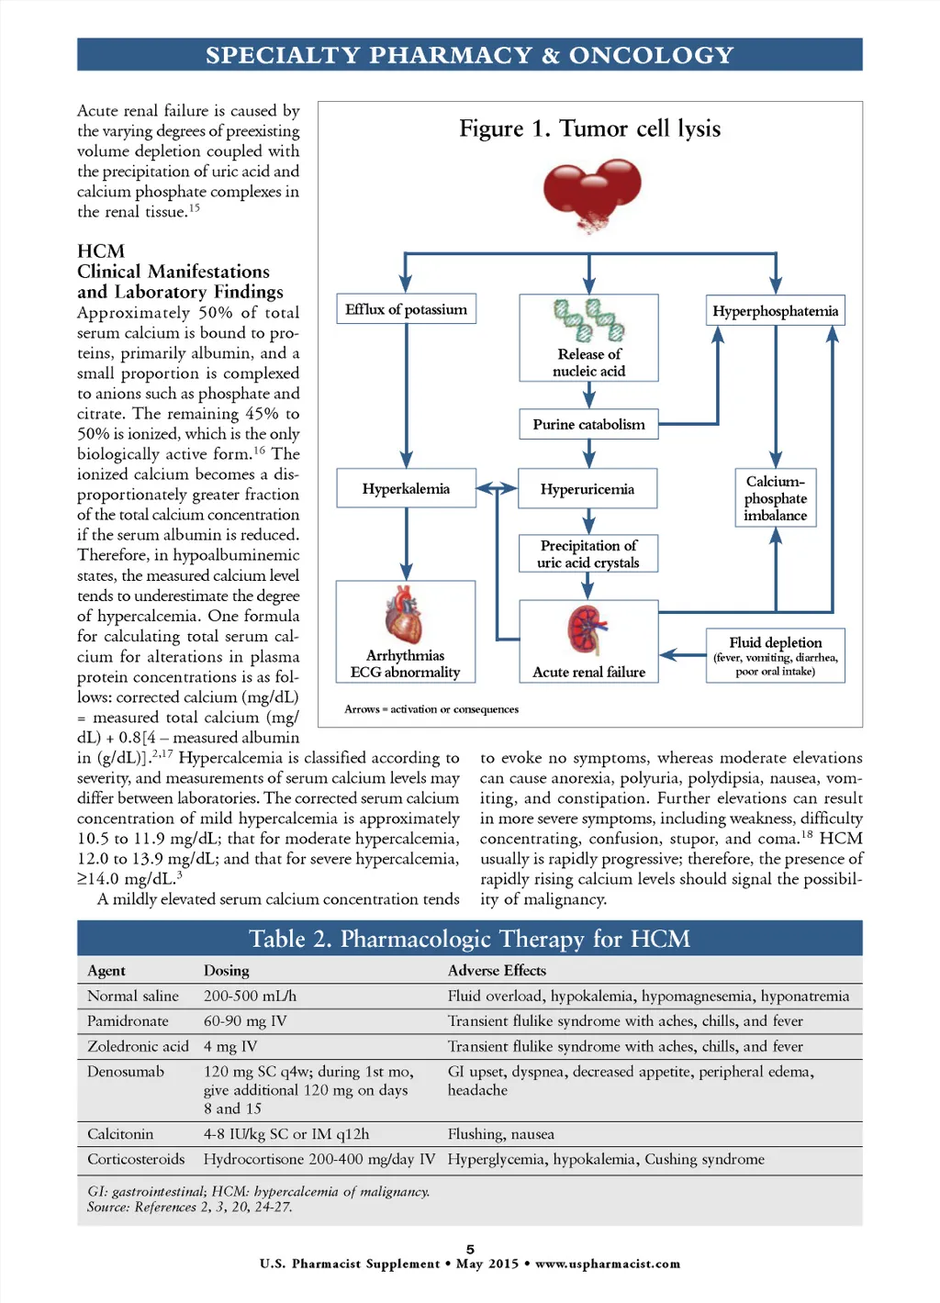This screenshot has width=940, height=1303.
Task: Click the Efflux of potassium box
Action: pos(406,309)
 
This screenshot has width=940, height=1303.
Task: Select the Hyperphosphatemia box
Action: pos(775,311)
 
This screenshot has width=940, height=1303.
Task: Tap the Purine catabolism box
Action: pos(588,424)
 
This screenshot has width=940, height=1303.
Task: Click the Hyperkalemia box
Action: pos(406,488)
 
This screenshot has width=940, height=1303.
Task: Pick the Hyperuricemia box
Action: pos(587,489)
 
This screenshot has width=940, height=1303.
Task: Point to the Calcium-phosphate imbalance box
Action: pos(775,498)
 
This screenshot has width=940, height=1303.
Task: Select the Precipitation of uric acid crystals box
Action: pos(588,553)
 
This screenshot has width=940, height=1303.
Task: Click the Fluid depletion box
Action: pos(775,655)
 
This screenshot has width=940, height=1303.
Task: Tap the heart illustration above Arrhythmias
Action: pos(404,616)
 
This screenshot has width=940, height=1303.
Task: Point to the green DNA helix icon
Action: pos(588,320)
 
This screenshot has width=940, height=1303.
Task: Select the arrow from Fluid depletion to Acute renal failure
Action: pos(682,655)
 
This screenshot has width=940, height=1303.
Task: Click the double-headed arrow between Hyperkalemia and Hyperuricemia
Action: pos(497,488)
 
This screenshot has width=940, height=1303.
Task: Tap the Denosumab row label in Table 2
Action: pos(126,1072)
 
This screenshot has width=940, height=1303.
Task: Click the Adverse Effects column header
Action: pos(497,971)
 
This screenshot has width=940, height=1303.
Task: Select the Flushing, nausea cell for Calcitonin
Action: pos(501,1134)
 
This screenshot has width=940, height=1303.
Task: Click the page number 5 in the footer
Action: pos(470,1249)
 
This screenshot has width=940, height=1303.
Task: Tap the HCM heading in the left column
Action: pos(101,251)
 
